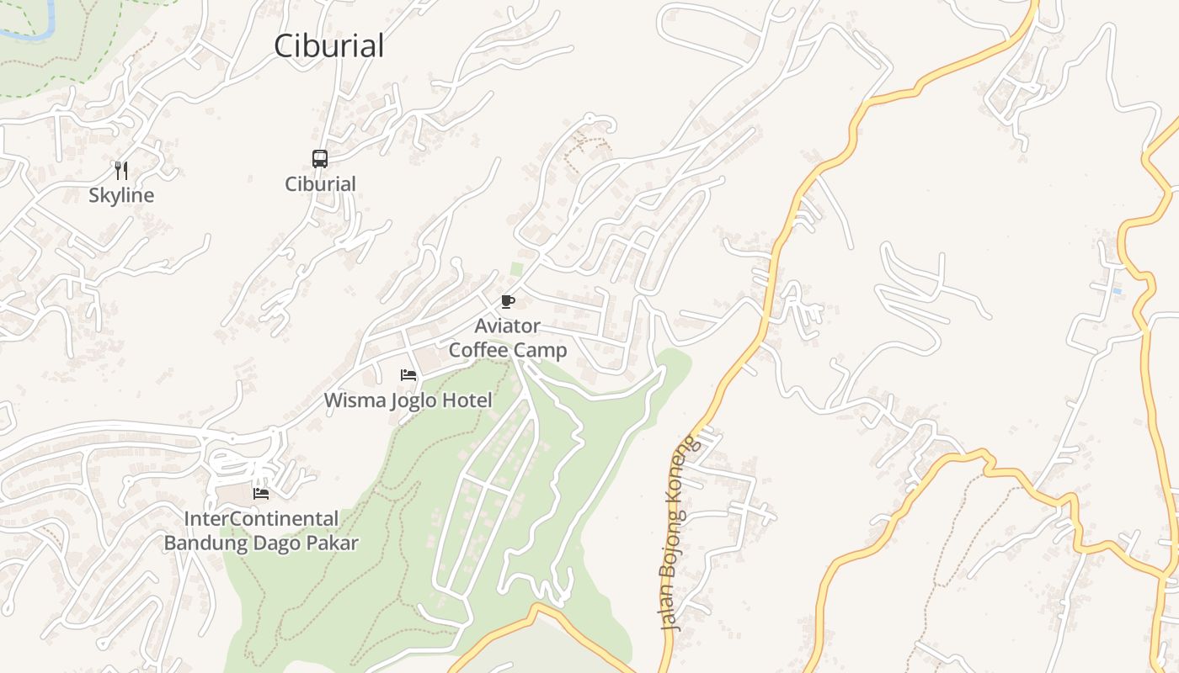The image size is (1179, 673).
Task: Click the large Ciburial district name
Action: coord(328,45)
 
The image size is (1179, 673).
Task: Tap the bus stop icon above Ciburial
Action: coord(320,158)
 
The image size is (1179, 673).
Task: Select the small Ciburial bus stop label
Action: coord(320,183)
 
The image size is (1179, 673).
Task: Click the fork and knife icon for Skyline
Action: coord(122,171)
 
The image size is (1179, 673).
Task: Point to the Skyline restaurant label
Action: coord(122,195)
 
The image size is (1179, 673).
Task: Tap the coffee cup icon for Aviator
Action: coord(507,301)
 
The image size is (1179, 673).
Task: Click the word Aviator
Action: coord(507,326)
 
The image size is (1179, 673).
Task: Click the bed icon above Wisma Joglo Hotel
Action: coord(408,374)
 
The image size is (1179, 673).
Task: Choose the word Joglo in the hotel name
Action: coord(414,400)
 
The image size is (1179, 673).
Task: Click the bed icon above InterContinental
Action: coord(261,493)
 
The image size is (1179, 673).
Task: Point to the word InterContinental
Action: coord(261,518)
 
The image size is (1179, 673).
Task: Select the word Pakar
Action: coord(331,543)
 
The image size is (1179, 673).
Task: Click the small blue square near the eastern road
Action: coord(1117,291)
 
